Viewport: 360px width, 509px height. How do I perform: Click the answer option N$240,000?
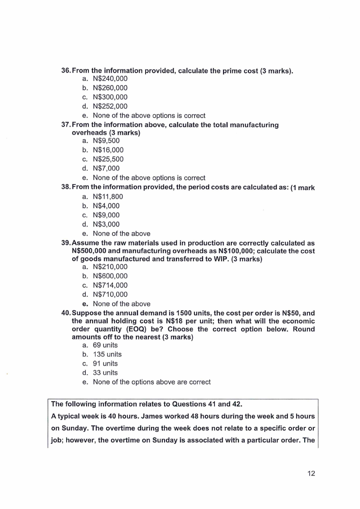pyautogui.click(x=110, y=78)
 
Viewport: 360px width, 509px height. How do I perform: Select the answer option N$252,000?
pyautogui.click(x=110, y=107)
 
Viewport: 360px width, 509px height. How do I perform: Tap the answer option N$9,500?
pyautogui.click(x=106, y=141)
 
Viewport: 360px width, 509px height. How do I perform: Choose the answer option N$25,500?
pyautogui.click(x=108, y=159)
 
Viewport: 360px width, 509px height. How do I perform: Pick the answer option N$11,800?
pyautogui.click(x=108, y=196)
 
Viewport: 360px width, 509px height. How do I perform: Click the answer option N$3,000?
pyautogui.click(x=106, y=224)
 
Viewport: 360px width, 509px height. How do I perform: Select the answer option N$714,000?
pyautogui.click(x=110, y=285)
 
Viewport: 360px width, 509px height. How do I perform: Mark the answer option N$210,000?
pyautogui.click(x=110, y=267)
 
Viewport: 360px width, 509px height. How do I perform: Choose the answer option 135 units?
pyautogui.click(x=107, y=354)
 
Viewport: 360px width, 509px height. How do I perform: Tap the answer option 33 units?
pyautogui.click(x=105, y=373)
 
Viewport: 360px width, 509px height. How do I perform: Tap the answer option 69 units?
pyautogui.click(x=105, y=345)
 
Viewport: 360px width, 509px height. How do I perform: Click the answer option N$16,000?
pyautogui.click(x=108, y=150)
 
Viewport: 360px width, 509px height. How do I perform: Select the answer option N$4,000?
pyautogui.click(x=106, y=206)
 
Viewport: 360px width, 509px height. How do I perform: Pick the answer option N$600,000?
pyautogui.click(x=110, y=276)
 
